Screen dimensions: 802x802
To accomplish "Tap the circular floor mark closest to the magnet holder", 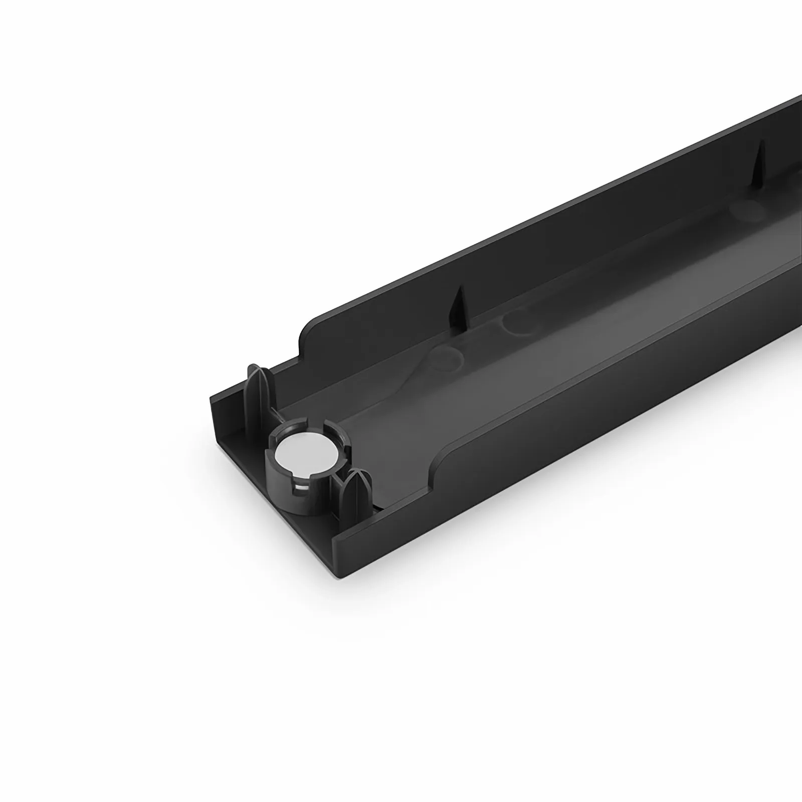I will [445, 357].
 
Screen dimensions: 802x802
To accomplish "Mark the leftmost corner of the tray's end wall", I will [210, 397].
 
